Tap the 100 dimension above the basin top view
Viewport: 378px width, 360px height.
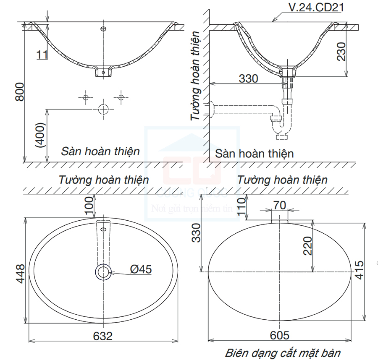pyautogui.click(x=89, y=206)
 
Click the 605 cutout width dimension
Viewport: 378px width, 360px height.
pyautogui.click(x=279, y=335)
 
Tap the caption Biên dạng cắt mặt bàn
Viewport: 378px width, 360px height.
pyautogui.click(x=283, y=352)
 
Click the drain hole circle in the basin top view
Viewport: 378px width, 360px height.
pyautogui.click(x=103, y=272)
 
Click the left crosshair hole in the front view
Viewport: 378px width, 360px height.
pyautogui.click(x=85, y=97)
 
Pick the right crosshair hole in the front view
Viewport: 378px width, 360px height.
pyautogui.click(x=121, y=97)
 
